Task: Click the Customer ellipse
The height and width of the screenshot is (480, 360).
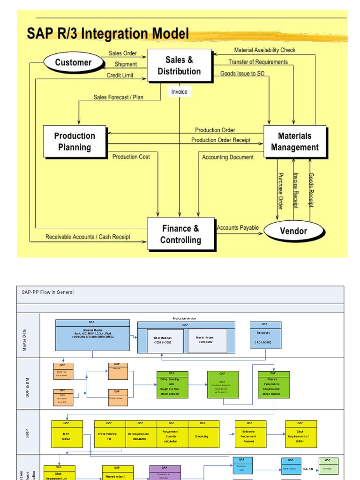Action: pos(73,62)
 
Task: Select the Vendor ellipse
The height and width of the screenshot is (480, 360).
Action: pos(293,231)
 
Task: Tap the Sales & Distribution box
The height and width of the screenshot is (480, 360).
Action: pos(179,66)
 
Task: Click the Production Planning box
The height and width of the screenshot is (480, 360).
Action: pos(75,141)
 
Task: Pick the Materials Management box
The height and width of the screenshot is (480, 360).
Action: pos(294,141)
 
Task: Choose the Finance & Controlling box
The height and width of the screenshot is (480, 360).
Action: pos(180,234)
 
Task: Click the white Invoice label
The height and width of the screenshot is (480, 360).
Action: pos(179,92)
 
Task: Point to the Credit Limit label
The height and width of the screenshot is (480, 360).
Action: pos(120,75)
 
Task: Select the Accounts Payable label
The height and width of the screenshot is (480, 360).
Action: pos(238,228)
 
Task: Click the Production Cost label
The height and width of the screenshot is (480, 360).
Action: pos(131,157)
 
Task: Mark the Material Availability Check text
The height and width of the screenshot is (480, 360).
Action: pos(265,50)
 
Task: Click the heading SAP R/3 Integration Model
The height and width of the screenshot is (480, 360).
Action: pos(108,34)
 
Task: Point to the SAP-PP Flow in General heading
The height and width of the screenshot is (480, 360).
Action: pos(48,292)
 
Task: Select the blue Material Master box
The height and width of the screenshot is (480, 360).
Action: pos(93,335)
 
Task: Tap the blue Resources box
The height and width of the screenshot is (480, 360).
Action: pos(265,335)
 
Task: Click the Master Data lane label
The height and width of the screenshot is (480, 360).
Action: pos(24,339)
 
